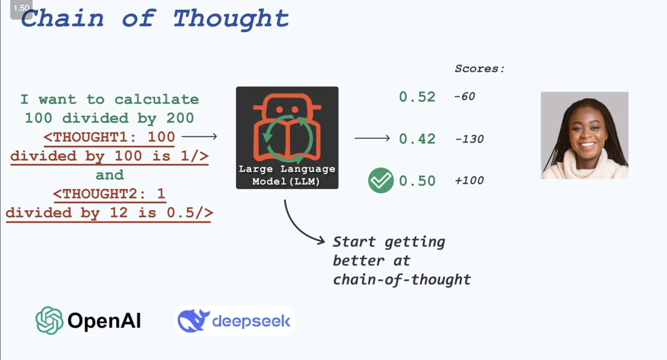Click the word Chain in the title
tap(62, 18)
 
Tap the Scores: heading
tap(479, 68)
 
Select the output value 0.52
tap(417, 97)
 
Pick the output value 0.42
tap(417, 139)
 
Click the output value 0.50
tap(417, 181)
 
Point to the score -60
tap(465, 96)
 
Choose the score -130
tap(469, 139)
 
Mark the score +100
tap(469, 181)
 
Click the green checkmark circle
tap(381, 180)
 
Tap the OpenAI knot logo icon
tap(49, 321)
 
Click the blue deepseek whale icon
tap(193, 321)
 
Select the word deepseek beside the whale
tap(251, 321)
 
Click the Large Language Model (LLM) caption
tap(287, 175)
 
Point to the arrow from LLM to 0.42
tap(372, 138)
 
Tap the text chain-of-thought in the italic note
tap(402, 280)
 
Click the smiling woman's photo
tap(585, 135)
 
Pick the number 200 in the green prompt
tap(180, 118)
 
